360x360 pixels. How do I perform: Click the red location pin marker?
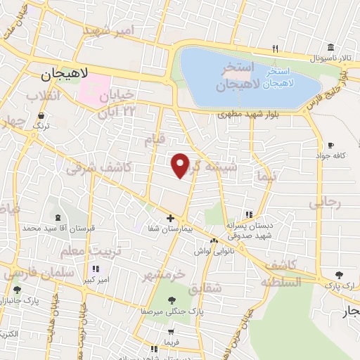(x=181, y=165)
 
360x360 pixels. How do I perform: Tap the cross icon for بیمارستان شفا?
(x=171, y=218)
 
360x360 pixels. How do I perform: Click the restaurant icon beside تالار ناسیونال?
(x=276, y=49)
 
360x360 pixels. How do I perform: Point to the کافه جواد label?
(x=333, y=156)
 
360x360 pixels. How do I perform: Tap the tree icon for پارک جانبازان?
(x=16, y=289)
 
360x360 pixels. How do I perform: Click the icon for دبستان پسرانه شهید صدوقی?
(x=247, y=214)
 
